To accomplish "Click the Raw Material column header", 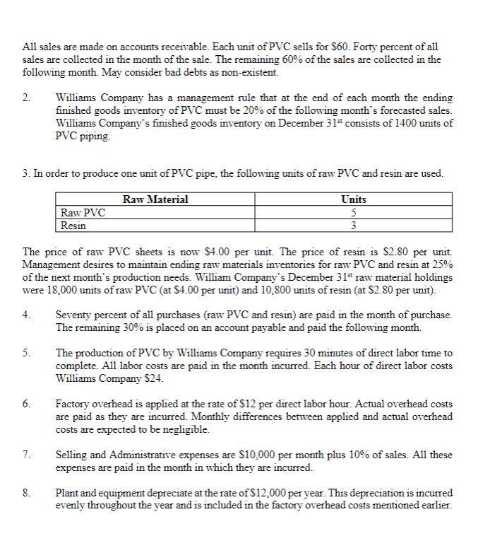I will click(x=155, y=200).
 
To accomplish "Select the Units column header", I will click(x=353, y=200).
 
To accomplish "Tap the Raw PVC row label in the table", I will click(x=83, y=213).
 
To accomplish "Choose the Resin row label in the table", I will click(x=73, y=226).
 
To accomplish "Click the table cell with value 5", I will click(x=353, y=213).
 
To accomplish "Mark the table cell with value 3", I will click(x=353, y=226).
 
